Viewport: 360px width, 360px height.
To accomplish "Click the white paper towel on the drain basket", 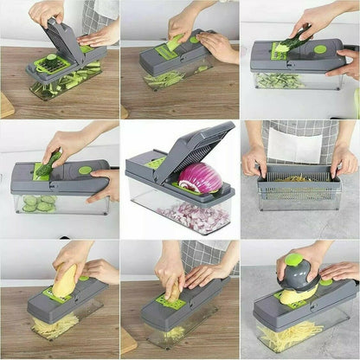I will pos(293,146).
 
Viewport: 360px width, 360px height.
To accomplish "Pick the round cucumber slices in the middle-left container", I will pos(39,204).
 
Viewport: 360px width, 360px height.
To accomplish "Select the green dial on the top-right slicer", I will pos(320,49).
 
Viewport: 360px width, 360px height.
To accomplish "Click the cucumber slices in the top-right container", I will pos(282,80).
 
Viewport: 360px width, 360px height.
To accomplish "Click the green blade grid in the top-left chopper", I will pos(51,63).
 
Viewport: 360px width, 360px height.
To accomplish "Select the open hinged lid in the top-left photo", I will pos(64,39).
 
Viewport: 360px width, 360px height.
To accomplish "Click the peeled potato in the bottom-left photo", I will pos(66,281).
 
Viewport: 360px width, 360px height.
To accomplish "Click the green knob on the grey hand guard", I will pos(293,260).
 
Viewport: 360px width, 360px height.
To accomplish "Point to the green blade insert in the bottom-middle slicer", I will pos(171,304).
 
